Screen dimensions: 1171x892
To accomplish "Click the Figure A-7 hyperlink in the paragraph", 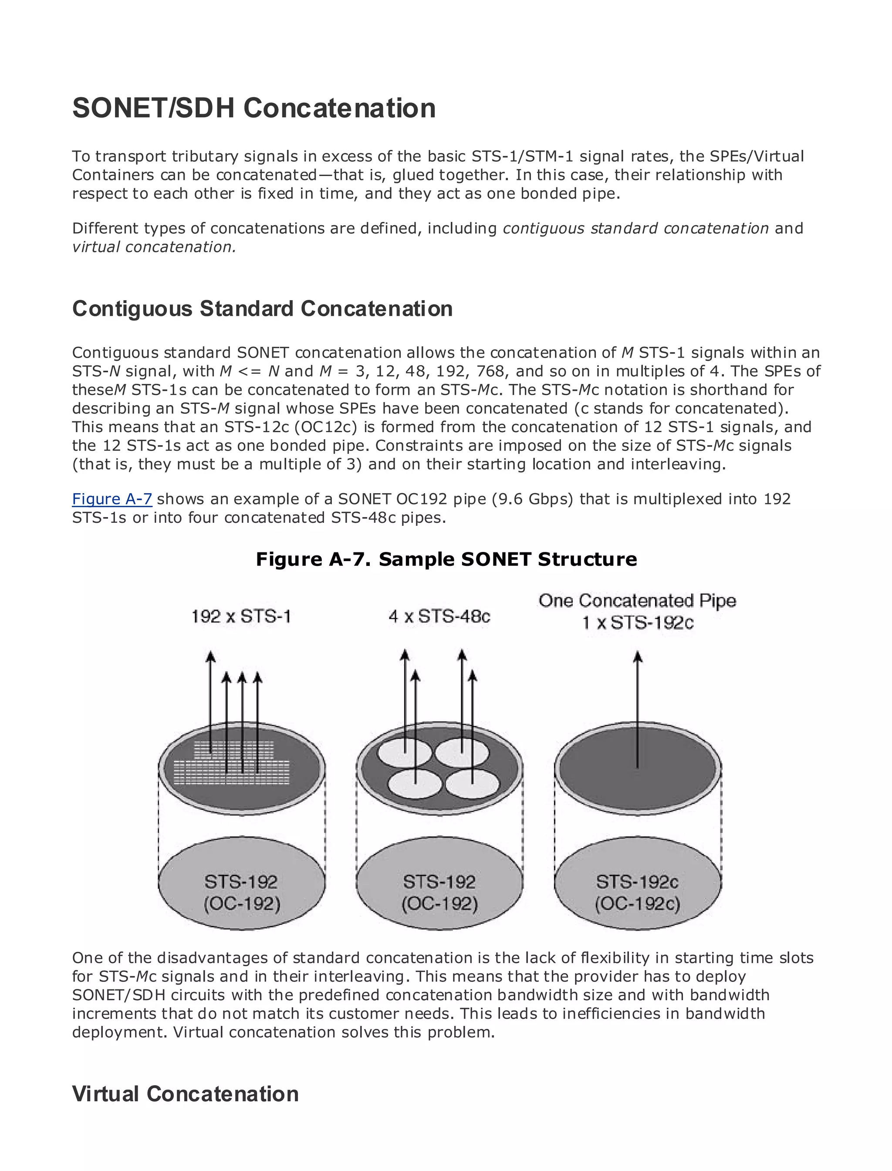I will (x=112, y=499).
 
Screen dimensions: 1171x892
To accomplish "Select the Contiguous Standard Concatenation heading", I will (x=262, y=308).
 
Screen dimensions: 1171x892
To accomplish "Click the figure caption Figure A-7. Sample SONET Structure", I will (x=446, y=559).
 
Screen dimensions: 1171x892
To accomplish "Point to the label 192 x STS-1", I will (x=241, y=616).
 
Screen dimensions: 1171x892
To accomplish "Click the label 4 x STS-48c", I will (x=439, y=616).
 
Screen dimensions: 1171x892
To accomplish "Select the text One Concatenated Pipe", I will (x=637, y=601).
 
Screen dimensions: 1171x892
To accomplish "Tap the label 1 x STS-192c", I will (x=638, y=623).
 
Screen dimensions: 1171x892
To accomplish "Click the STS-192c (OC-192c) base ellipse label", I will (x=637, y=892).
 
